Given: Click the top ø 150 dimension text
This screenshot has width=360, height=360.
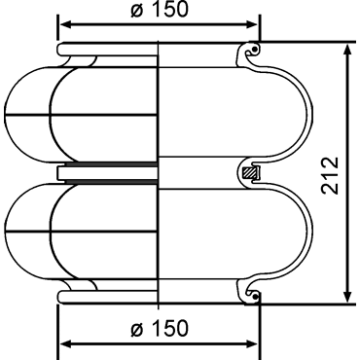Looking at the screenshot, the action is [x=160, y=10].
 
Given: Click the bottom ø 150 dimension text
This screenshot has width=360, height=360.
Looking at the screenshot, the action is [x=160, y=328].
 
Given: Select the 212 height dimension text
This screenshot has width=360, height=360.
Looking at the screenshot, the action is [x=330, y=176].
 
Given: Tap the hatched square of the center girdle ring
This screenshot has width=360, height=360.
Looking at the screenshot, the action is [x=249, y=172].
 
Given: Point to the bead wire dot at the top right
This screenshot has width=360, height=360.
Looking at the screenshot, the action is [x=255, y=50].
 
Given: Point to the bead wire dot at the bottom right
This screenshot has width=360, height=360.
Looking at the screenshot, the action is [x=255, y=296].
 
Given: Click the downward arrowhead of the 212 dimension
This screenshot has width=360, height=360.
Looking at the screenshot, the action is [x=347, y=296].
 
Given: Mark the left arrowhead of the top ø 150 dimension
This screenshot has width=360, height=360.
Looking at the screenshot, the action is [x=66, y=24].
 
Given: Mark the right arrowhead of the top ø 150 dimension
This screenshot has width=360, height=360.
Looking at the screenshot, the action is [x=251, y=24].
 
